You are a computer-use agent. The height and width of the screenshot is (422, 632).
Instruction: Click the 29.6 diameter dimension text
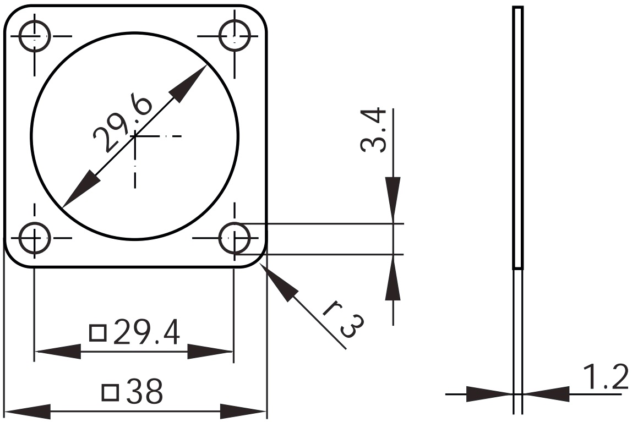pyautogui.click(x=122, y=123)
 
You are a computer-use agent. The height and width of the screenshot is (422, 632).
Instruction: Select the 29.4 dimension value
pyautogui.click(x=146, y=333)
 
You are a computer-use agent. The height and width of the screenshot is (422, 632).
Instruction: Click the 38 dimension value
pyautogui.click(x=145, y=391)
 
